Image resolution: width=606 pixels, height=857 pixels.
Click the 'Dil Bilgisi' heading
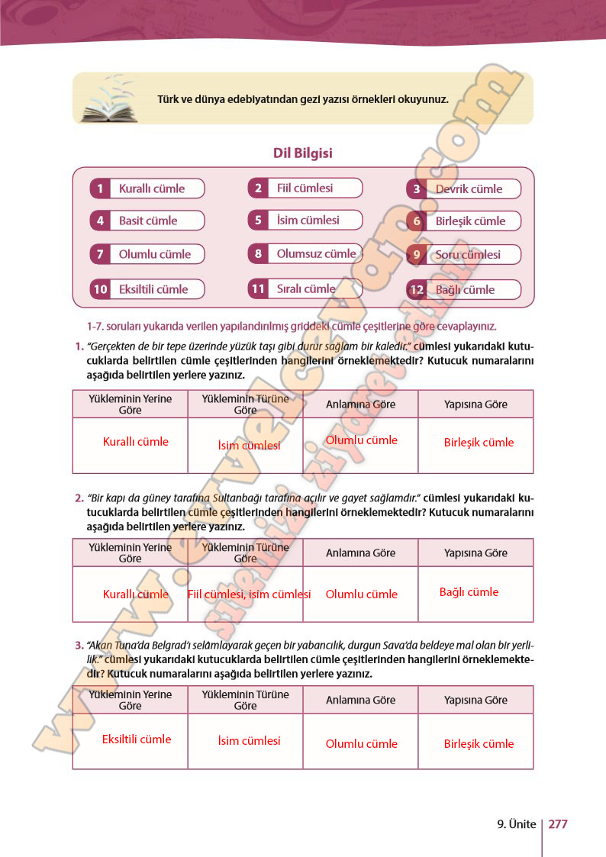(x=302, y=153)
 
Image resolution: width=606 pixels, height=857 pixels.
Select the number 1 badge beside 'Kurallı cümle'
(x=100, y=188)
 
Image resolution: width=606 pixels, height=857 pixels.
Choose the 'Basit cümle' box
(x=147, y=221)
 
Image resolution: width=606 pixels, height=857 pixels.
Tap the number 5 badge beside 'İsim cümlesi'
(x=258, y=221)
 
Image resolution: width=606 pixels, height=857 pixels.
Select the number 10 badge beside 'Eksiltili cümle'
(x=100, y=289)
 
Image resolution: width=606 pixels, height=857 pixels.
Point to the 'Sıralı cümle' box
(x=305, y=288)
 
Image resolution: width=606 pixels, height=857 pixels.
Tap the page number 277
(x=558, y=824)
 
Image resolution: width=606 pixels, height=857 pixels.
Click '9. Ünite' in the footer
(x=515, y=824)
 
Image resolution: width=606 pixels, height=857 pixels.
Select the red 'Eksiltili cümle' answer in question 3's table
(x=137, y=739)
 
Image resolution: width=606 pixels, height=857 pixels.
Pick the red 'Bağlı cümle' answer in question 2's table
(x=469, y=592)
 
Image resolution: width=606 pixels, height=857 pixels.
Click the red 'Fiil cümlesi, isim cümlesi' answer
(x=249, y=594)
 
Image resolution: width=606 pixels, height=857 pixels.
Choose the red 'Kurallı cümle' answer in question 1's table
(x=136, y=442)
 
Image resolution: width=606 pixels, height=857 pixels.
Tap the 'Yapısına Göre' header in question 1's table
(x=475, y=404)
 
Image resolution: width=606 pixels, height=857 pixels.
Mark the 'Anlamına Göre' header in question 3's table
(x=360, y=700)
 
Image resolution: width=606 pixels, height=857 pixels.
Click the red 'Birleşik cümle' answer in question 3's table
(x=479, y=743)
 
